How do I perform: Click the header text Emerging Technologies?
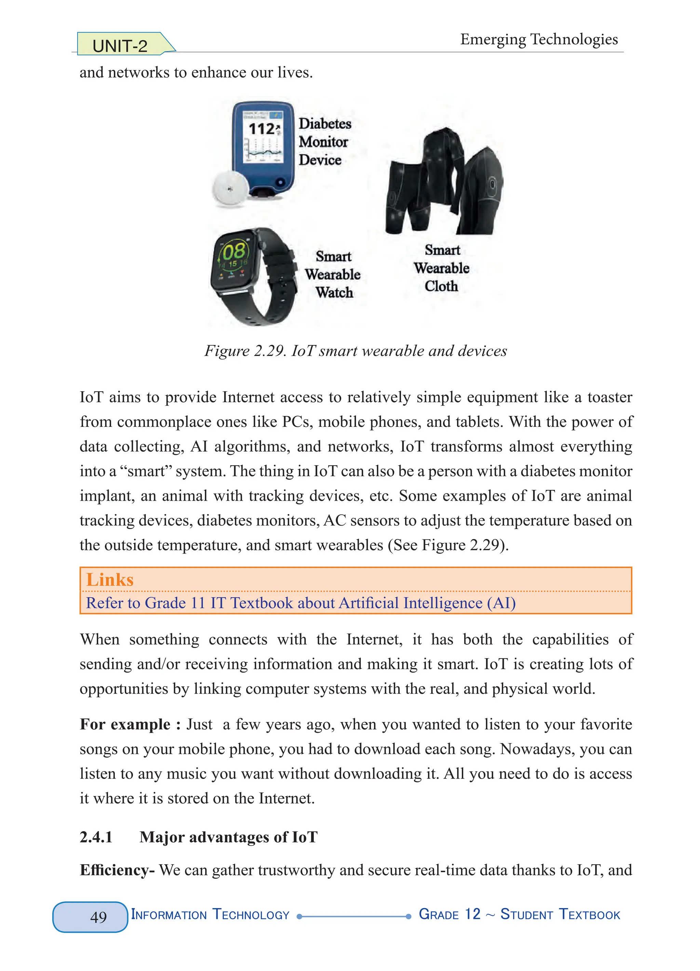point(539,39)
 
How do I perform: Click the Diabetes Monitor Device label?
point(324,142)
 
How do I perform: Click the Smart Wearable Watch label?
point(333,274)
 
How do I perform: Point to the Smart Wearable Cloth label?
point(441,268)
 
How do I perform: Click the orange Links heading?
point(110,579)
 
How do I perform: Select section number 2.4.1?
point(96,837)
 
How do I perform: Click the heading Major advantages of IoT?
point(228,837)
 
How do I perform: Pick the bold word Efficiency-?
point(117,870)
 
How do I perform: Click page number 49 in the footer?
point(98,917)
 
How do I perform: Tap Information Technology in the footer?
point(210,915)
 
